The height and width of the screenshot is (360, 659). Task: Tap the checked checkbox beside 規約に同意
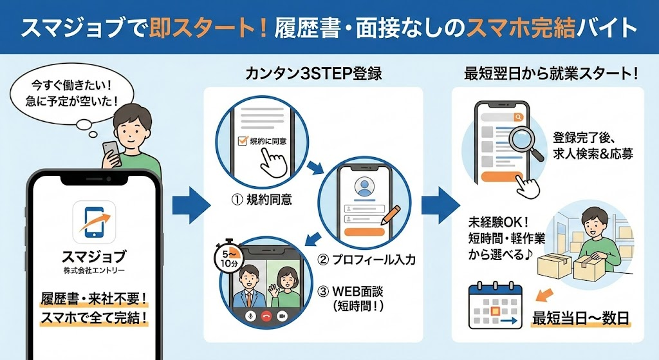[243, 140]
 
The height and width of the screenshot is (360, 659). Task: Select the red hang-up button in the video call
[265, 317]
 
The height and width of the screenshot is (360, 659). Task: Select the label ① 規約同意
[261, 200]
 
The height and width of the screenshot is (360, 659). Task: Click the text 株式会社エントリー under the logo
[94, 269]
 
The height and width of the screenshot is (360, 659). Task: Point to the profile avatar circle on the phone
[365, 187]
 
